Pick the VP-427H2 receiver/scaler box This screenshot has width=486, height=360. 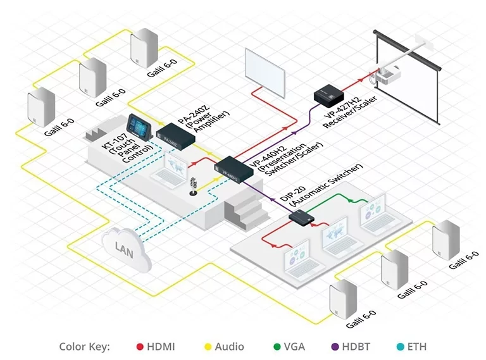(329, 94)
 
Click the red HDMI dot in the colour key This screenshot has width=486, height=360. (140, 347)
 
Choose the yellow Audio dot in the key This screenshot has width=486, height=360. (206, 347)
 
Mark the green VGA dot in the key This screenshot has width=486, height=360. (277, 347)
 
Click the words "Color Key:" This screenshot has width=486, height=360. (84, 347)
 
